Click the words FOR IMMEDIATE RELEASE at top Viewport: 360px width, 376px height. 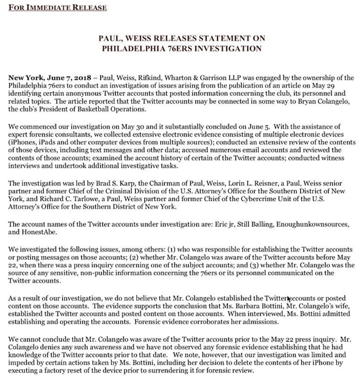(x=57, y=8)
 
